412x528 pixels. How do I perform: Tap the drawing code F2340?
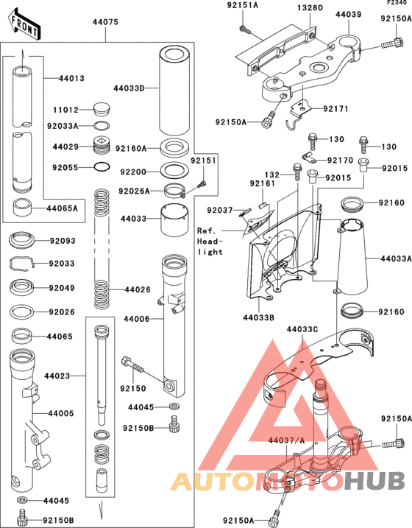point(397,4)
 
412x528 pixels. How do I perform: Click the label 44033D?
point(129,88)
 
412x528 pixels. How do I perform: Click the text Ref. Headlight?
point(210,241)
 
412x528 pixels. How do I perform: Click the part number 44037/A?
point(284,440)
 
